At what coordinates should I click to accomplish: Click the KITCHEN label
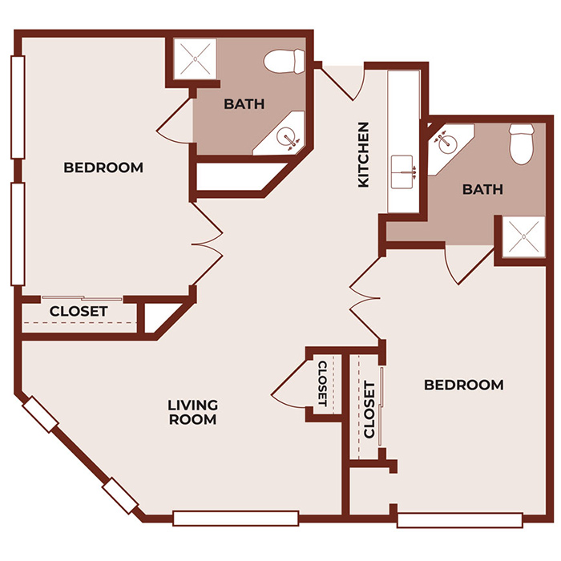tap(363, 155)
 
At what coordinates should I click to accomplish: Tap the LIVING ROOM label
tap(192, 412)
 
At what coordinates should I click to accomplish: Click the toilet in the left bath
tap(285, 59)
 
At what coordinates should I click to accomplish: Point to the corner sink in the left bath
tap(289, 137)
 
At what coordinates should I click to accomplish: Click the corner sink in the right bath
tap(443, 142)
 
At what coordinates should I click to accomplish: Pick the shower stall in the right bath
tap(523, 236)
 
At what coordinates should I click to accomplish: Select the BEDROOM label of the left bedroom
tap(103, 167)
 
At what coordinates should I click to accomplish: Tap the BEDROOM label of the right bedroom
tap(464, 385)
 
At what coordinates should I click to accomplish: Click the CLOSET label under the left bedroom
tap(79, 311)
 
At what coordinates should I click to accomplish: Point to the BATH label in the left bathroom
tap(244, 103)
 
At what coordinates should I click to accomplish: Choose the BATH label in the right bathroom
tap(482, 189)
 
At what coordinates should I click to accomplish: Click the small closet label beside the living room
tap(322, 383)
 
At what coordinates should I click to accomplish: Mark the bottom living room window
tap(236, 518)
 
